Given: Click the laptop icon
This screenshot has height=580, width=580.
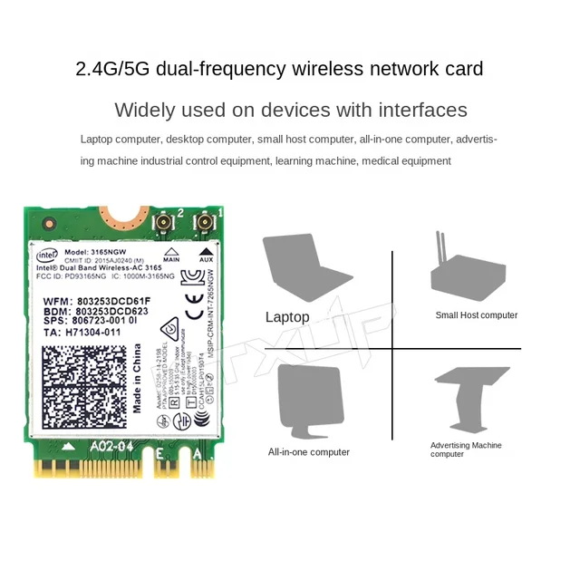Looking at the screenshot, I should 304,270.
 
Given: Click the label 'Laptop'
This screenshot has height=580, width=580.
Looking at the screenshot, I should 287,317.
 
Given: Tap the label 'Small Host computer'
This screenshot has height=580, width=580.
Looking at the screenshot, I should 477,315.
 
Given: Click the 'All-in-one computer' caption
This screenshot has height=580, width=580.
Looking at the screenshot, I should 308,452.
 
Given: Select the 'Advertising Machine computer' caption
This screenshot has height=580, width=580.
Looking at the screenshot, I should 466,449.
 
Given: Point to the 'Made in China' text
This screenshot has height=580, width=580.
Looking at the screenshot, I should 138,379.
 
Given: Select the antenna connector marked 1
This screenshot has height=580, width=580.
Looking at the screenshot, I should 207,224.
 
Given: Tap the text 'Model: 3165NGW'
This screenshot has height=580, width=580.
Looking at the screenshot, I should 100,251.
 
